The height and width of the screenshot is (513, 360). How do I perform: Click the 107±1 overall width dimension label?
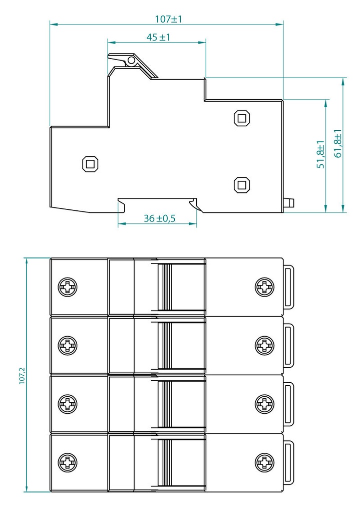point(168,19)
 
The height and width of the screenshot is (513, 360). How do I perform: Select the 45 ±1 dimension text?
point(158,37)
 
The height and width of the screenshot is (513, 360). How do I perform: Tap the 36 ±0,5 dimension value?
point(160,218)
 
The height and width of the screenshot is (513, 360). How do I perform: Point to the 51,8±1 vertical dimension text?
point(321,154)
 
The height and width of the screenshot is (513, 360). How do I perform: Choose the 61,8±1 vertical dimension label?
point(338,143)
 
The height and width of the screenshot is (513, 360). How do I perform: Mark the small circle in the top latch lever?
point(131,60)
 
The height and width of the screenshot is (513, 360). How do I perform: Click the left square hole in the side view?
point(90,164)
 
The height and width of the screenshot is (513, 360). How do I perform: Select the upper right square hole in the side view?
point(242,118)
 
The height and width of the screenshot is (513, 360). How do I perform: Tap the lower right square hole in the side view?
point(242,185)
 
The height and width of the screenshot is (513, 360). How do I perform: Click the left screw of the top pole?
point(68,287)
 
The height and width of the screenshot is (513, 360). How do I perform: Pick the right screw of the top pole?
point(264,287)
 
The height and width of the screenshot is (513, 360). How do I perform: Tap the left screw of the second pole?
point(68,345)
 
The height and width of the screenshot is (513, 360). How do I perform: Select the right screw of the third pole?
point(264,404)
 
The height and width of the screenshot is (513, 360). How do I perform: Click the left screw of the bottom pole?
point(68,462)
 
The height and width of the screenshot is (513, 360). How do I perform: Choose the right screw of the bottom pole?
point(264,462)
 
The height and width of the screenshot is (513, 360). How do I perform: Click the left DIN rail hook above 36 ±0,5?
point(122,204)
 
